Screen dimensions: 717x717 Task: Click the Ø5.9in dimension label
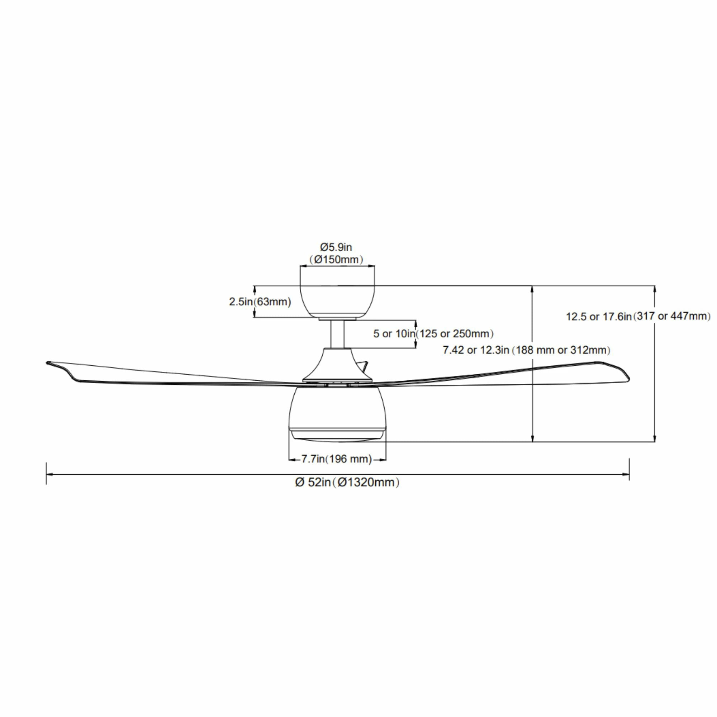tap(336, 247)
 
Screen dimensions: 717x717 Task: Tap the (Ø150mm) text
tap(336, 260)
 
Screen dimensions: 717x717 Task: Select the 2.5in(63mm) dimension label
tap(260, 302)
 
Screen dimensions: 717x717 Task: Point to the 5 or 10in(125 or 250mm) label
tap(433, 334)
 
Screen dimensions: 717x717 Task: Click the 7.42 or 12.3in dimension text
tap(476, 350)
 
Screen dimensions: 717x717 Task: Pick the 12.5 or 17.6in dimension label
tap(599, 317)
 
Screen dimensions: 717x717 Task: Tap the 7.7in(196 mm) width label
tap(337, 459)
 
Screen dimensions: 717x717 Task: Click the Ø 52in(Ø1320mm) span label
tap(347, 482)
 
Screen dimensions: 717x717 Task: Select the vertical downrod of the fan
tap(337, 334)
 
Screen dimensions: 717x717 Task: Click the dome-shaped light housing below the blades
tap(337, 408)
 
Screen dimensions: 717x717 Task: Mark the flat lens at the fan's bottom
tap(337, 436)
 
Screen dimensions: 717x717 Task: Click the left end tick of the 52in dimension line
tap(46, 473)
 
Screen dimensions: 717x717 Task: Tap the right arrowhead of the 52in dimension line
tap(625, 474)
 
